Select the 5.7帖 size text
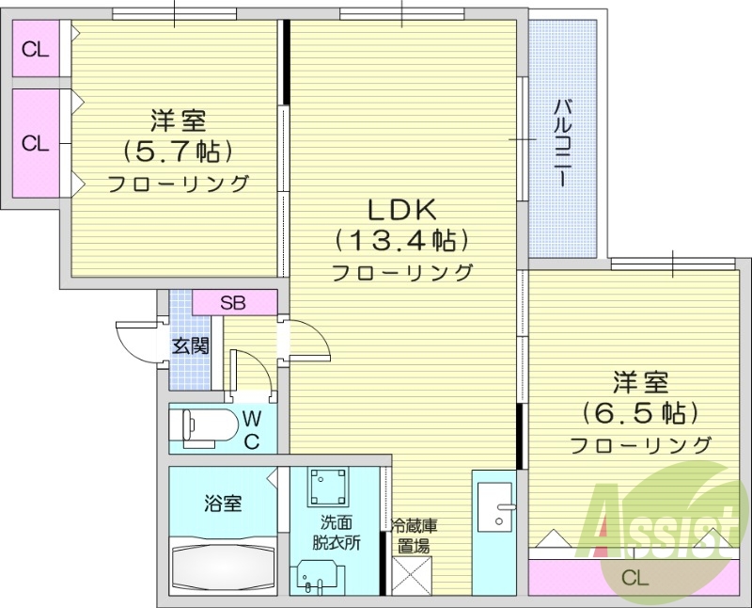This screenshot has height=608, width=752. point(178,151)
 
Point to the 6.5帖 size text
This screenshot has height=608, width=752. point(640,412)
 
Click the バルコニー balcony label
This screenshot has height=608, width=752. point(563,141)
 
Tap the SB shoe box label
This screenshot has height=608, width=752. point(233,303)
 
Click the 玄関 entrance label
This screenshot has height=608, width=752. point(190,345)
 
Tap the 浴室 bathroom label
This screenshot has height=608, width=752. point(223,504)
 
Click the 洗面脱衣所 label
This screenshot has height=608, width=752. point(337,532)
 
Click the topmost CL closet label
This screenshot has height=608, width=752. point(36,51)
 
